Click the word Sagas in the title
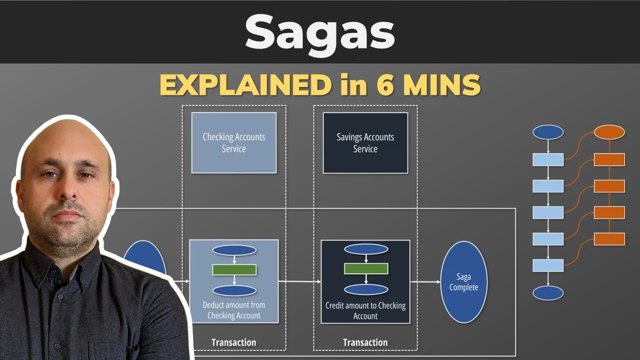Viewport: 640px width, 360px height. pyautogui.click(x=320, y=32)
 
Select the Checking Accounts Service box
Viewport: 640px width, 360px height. pyautogui.click(x=233, y=142)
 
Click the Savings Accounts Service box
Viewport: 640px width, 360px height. pyautogui.click(x=365, y=142)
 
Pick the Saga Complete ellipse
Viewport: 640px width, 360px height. pyautogui.click(x=463, y=282)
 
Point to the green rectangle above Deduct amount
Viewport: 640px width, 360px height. pyautogui.click(x=234, y=269)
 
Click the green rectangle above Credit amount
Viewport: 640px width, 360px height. pyautogui.click(x=365, y=268)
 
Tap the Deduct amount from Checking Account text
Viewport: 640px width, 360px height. pyautogui.click(x=234, y=310)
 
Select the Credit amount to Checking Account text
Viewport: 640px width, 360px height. pyautogui.click(x=365, y=310)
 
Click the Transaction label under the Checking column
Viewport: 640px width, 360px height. pyautogui.click(x=233, y=342)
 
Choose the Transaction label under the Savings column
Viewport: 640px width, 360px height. pyautogui.click(x=365, y=342)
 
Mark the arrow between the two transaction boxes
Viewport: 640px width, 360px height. pyautogui.click(x=300, y=281)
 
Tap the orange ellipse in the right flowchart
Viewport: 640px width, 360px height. pyautogui.click(x=609, y=132)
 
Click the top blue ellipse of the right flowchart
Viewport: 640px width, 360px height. pyautogui.click(x=548, y=132)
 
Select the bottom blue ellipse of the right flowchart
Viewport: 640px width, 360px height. pyautogui.click(x=548, y=293)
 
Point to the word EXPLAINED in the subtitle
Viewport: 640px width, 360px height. pyautogui.click(x=244, y=85)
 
